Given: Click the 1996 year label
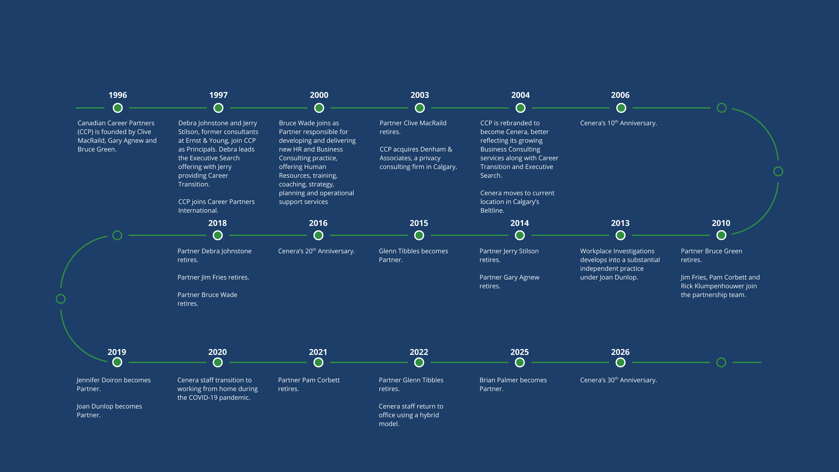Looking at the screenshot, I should pos(117,95).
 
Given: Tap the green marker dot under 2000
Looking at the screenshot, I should pos(319,108).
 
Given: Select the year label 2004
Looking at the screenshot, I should pos(520,95).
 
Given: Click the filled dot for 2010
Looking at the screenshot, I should pos(721,235).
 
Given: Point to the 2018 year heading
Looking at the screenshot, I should pos(217,223).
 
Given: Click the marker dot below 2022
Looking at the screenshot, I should pos(419,362).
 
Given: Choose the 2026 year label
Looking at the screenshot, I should pos(620,352).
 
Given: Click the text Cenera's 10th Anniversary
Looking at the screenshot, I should pos(618,123).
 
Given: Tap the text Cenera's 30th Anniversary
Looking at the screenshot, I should pos(618,380).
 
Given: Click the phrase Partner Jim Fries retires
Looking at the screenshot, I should pos(213,277).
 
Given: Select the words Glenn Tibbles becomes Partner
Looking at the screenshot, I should pos(413,255).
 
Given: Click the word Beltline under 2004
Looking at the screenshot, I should pos(492,210).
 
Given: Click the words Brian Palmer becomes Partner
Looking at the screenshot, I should pos(513,384).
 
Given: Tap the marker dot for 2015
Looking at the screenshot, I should pos(419,235).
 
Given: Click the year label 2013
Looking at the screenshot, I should pos(620,223).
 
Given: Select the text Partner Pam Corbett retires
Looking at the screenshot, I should pos(309,384).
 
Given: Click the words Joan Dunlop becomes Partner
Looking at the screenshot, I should pos(109,410).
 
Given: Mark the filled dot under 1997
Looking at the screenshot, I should pos(218,108).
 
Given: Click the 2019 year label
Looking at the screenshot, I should pos(117,352).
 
